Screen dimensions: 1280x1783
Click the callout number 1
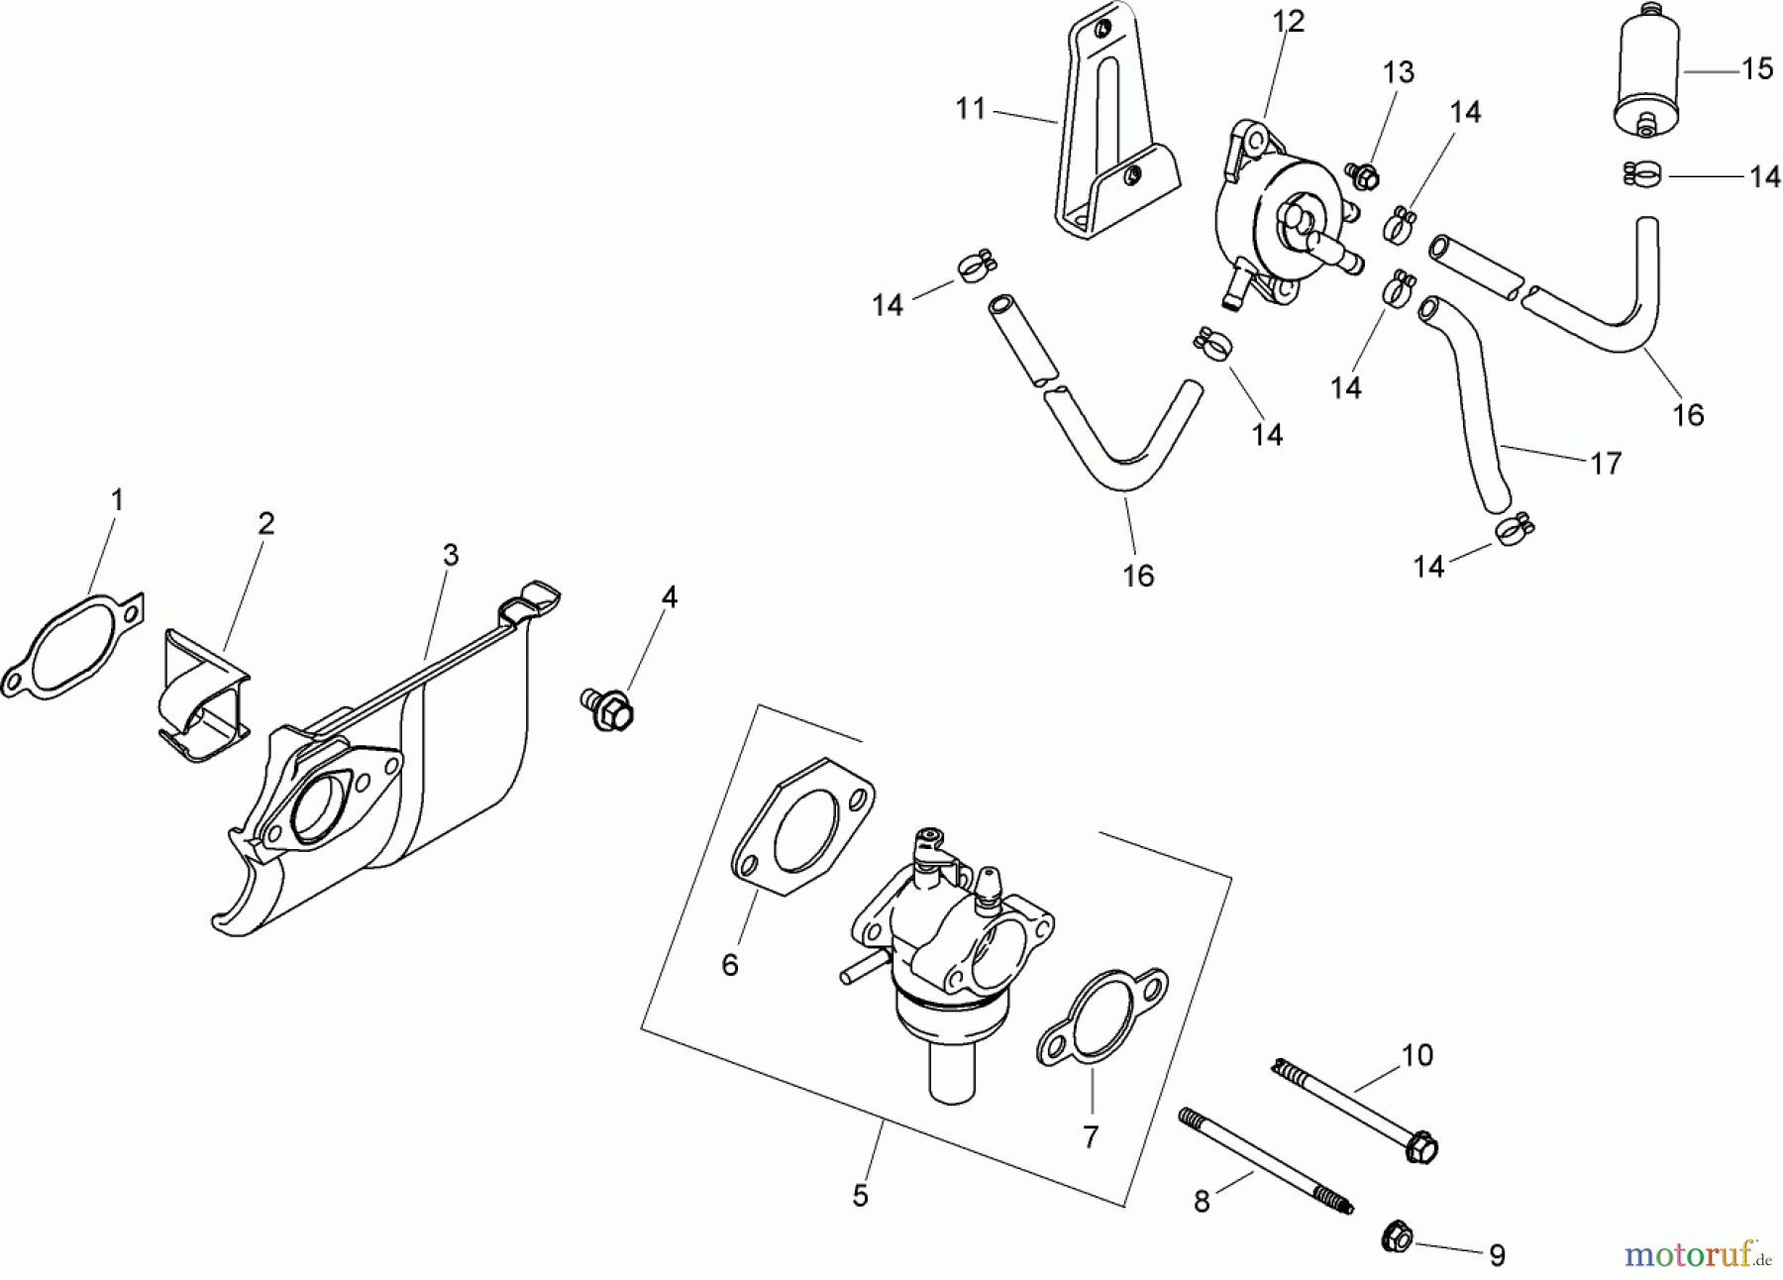(117, 501)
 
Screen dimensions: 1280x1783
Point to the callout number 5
(860, 1197)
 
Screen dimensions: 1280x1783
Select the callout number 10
(1417, 1056)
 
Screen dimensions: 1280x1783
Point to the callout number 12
(1289, 22)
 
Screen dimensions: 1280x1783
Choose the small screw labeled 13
(1364, 176)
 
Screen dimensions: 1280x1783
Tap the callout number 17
(1606, 463)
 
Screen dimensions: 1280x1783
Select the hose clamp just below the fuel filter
(1644, 175)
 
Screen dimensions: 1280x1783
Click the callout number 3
(451, 555)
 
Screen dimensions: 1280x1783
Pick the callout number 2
(265, 524)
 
